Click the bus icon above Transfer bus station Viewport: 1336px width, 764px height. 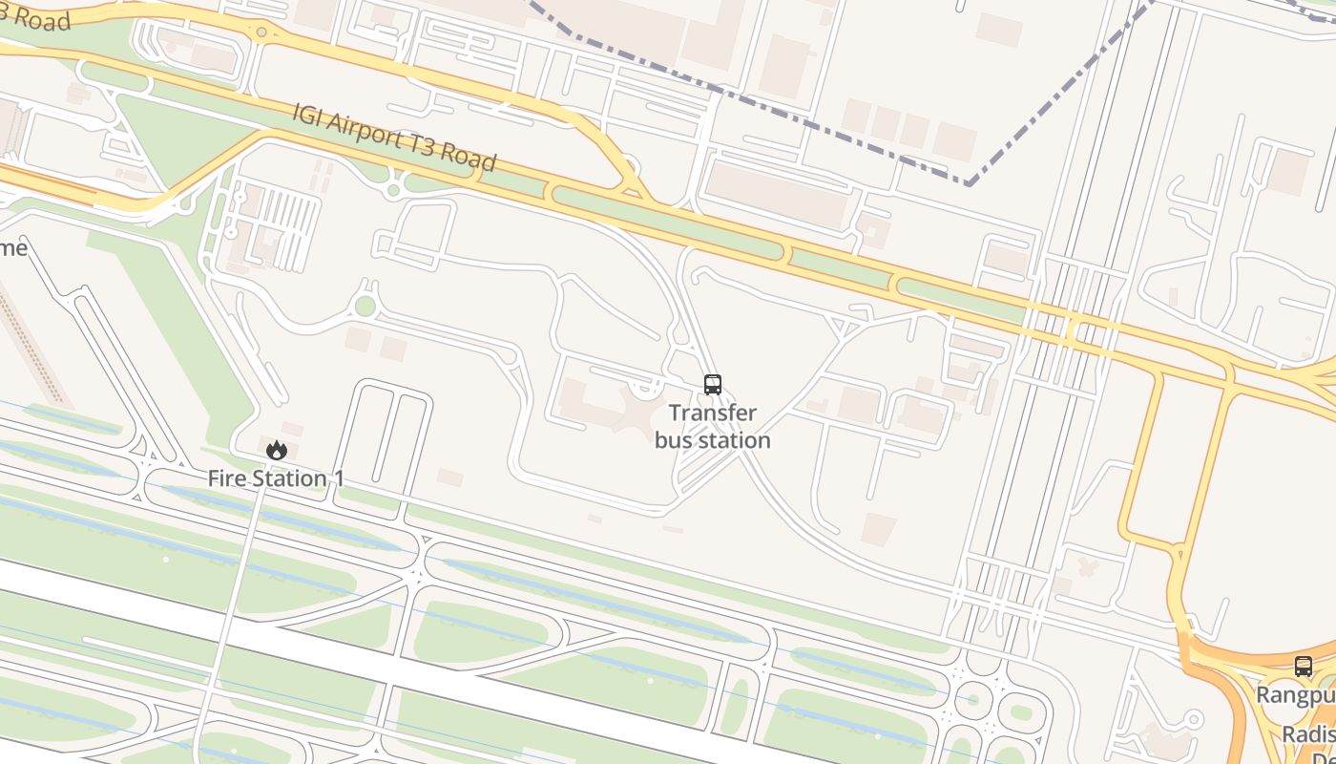(x=712, y=385)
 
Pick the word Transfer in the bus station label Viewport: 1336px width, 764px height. (x=712, y=414)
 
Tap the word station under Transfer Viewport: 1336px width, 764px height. (x=735, y=440)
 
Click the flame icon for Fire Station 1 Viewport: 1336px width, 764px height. (x=277, y=450)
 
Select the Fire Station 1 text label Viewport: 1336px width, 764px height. (x=276, y=478)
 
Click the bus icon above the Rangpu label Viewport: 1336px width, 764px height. (x=1303, y=667)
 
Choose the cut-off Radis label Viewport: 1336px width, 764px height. (x=1307, y=733)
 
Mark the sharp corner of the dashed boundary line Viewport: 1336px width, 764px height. (x=968, y=183)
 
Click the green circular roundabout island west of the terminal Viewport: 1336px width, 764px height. (x=365, y=306)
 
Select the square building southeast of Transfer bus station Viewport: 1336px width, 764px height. (x=879, y=529)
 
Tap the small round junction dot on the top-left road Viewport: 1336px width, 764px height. (x=261, y=32)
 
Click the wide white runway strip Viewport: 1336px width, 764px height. (x=382, y=668)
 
